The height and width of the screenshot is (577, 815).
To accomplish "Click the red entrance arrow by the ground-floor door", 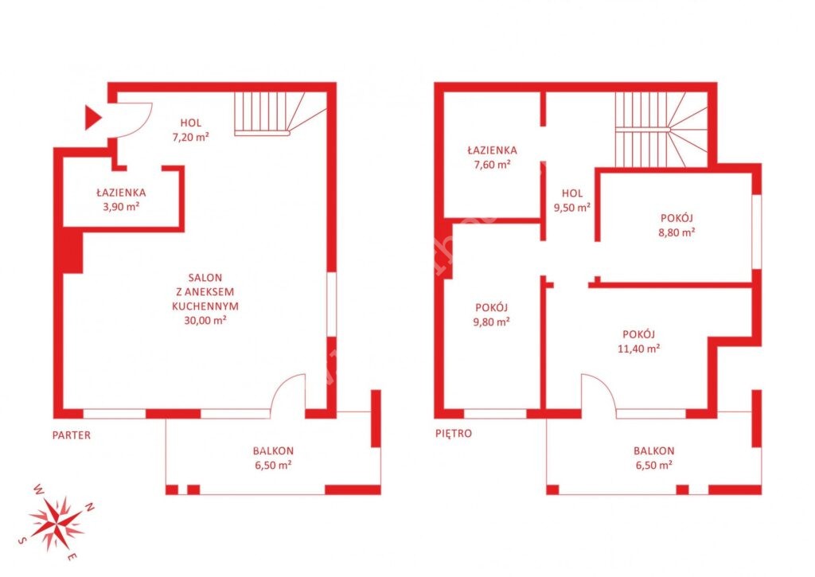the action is click(92, 118).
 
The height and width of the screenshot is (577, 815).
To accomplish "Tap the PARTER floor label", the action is click(71, 435).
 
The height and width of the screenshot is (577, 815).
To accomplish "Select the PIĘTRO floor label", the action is click(454, 434).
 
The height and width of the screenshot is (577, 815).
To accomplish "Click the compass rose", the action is click(57, 522).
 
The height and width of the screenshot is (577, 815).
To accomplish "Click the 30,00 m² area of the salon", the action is click(205, 320).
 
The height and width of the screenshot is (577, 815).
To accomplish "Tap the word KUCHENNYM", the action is click(205, 306).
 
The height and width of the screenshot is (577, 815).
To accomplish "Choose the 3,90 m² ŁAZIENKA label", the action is click(121, 200).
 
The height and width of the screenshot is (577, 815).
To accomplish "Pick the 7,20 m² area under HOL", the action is click(191, 137).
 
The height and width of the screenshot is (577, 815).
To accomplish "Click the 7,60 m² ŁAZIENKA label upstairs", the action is click(492, 158).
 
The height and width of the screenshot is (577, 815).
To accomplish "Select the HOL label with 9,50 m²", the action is click(571, 201).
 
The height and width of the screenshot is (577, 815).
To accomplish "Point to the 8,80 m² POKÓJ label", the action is click(677, 225).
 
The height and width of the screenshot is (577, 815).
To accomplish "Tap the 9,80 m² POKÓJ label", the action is click(491, 315).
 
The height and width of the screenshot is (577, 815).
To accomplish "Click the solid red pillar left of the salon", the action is click(72, 252).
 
